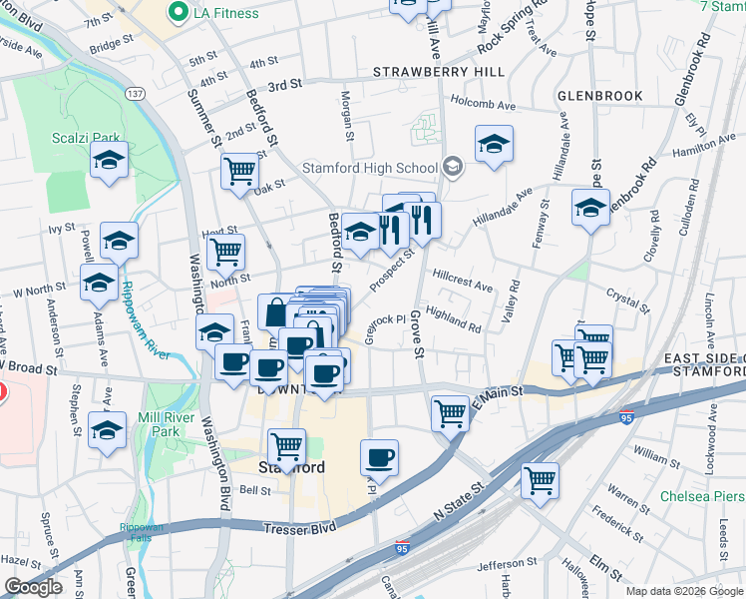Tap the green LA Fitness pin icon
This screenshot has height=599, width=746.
pyautogui.click(x=180, y=13)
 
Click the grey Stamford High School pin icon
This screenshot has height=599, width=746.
pyautogui.click(x=454, y=167)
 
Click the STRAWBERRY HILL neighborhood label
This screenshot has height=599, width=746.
pyautogui.click(x=439, y=72)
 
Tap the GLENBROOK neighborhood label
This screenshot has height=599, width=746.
pyautogui.click(x=599, y=96)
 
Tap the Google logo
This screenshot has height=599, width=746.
pyautogui.click(x=33, y=587)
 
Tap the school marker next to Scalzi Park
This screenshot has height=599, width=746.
pyautogui.click(x=109, y=160)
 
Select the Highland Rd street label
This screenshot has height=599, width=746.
pyautogui.click(x=454, y=321)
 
